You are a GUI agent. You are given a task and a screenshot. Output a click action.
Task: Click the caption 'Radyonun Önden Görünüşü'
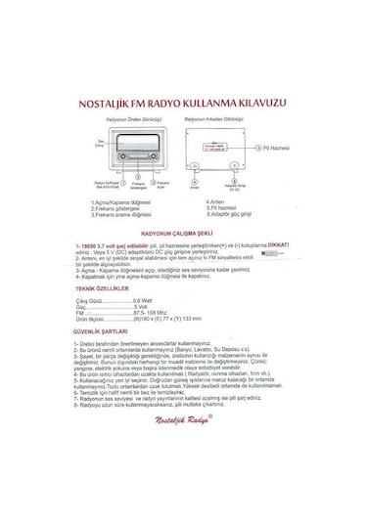132,117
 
